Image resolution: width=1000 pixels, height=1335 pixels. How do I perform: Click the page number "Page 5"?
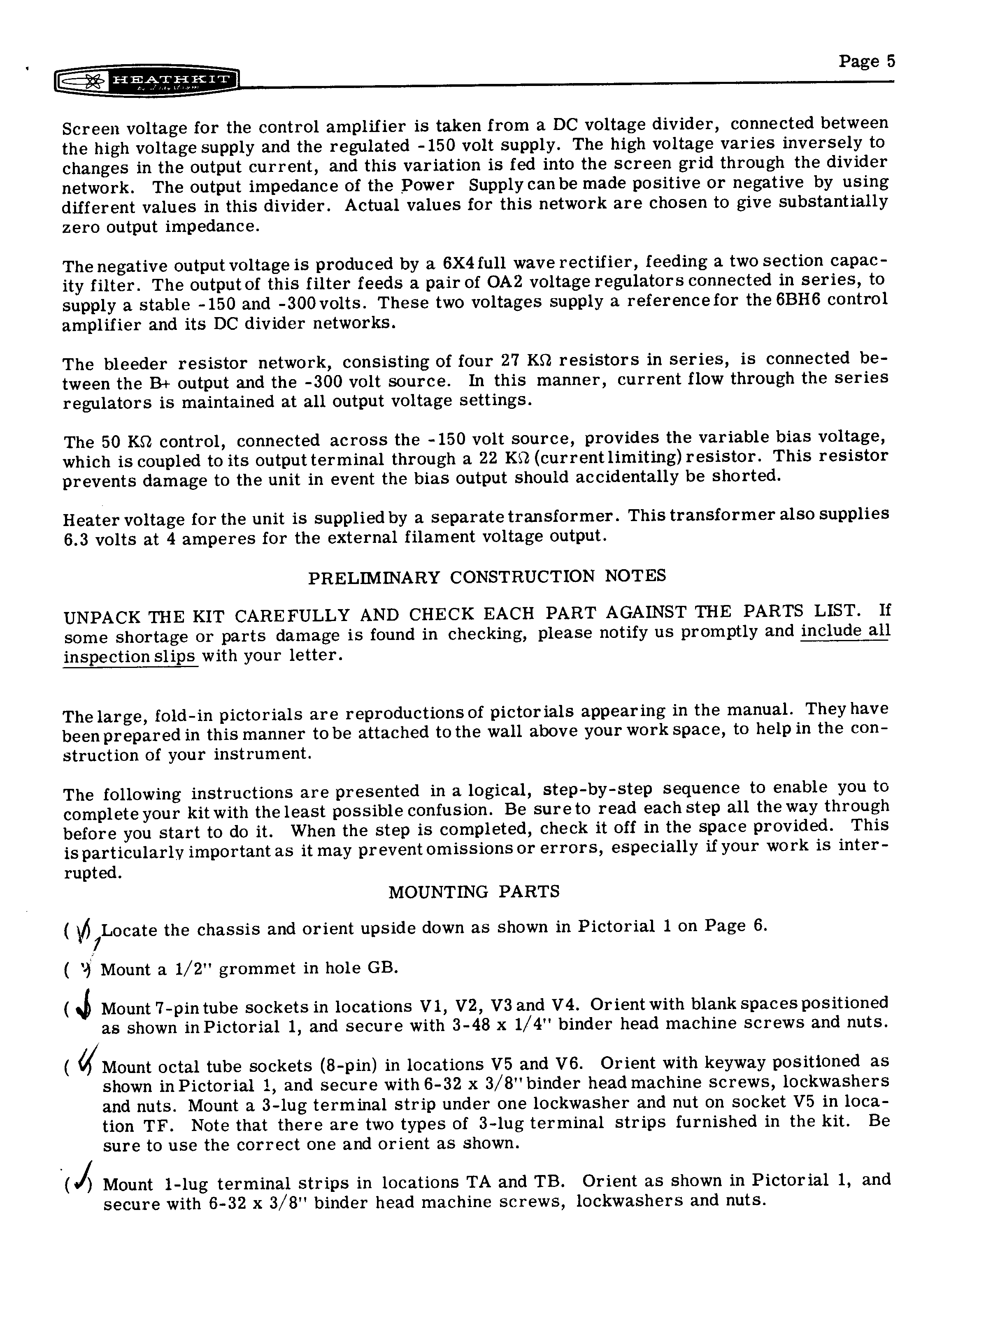click(x=866, y=62)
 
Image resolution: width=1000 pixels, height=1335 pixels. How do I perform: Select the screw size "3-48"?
click(x=471, y=1025)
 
